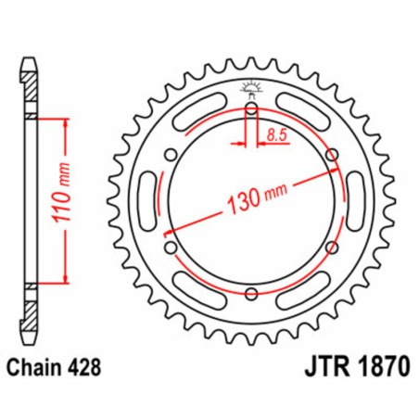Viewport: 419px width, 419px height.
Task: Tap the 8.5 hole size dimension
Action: (x=275, y=134)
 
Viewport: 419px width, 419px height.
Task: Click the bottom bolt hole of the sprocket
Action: (x=252, y=295)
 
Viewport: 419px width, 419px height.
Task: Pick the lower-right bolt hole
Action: (x=332, y=248)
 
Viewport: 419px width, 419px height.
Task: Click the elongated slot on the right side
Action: (x=357, y=202)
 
